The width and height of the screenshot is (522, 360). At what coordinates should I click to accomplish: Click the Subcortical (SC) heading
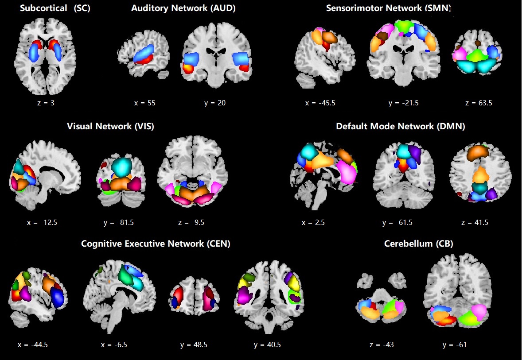(x=55, y=8)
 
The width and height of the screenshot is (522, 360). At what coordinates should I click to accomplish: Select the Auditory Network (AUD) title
(x=183, y=8)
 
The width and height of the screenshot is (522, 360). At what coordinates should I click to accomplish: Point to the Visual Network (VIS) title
(x=110, y=126)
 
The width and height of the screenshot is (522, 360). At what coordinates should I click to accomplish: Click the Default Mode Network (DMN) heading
(x=400, y=126)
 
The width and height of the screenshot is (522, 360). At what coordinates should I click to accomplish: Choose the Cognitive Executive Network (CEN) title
(x=156, y=244)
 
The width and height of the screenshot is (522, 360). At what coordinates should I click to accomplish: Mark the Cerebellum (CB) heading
(x=418, y=244)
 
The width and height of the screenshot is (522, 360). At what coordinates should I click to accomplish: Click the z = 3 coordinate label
(x=43, y=103)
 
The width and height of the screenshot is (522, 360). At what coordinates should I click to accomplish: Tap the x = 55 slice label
(x=144, y=103)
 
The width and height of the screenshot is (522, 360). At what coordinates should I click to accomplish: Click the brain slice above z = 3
(x=43, y=56)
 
